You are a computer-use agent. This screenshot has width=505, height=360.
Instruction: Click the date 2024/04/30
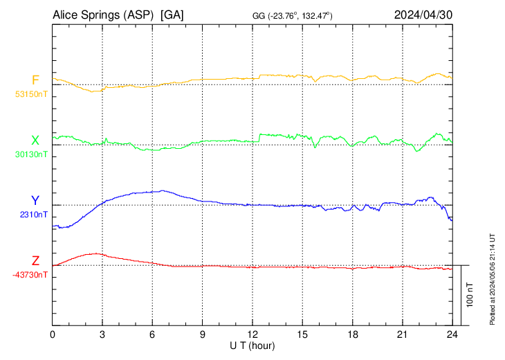point(423,15)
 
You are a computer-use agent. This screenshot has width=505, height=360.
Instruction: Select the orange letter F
point(35,80)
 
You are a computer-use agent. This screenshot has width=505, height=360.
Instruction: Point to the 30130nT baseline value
point(31,154)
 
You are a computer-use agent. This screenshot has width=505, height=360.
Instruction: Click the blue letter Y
point(35,201)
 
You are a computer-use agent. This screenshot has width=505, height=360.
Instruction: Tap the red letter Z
point(35,261)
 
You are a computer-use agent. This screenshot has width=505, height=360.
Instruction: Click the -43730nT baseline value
point(30,275)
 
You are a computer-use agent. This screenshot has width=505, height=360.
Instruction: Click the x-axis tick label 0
point(53,334)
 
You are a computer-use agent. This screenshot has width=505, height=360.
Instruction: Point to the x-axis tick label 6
point(152,334)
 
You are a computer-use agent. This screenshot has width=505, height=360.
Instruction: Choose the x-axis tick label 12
point(252,334)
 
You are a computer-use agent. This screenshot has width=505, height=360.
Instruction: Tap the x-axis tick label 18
point(352,334)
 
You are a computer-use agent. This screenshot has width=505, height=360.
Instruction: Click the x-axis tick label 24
point(452,334)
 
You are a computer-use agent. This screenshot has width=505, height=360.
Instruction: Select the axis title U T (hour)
point(252,345)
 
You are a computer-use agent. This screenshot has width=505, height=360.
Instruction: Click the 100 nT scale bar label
point(470,295)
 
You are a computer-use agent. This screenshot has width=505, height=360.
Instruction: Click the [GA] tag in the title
point(172,15)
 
